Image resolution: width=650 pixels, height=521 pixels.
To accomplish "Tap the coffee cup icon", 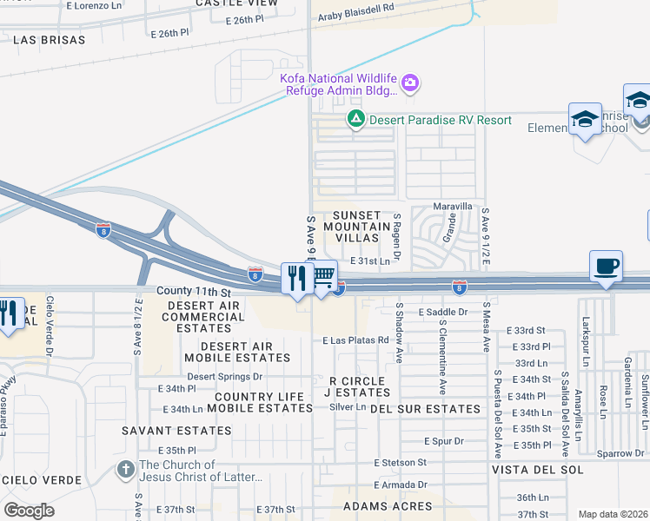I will click(606, 265).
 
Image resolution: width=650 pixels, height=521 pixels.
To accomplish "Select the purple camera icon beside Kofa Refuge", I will click(410, 84).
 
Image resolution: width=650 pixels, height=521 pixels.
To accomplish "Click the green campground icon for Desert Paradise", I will click(355, 120).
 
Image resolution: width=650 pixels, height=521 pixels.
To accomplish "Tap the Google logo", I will click(30, 511).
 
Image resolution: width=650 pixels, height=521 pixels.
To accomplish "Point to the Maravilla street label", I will click(454, 207).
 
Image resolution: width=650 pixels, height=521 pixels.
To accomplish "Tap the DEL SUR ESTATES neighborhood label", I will click(425, 408).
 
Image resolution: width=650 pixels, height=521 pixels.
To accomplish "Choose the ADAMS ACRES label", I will click(388, 506).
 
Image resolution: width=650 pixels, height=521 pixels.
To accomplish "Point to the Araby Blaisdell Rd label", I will click(357, 6).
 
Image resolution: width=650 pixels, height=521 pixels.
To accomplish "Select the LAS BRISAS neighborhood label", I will click(50, 40).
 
